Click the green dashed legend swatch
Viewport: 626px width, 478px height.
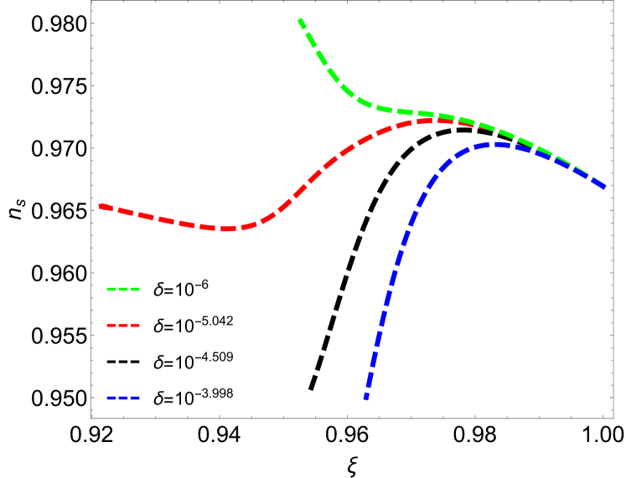[x=123, y=289]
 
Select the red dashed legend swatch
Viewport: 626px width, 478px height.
[x=123, y=325]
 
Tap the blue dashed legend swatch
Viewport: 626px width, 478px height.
[x=123, y=398]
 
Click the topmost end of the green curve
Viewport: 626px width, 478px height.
[x=300, y=19]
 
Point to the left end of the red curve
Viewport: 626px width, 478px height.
[x=100, y=205]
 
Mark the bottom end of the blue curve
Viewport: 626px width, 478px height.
[x=366, y=398]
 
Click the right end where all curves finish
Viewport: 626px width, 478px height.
[x=605, y=187]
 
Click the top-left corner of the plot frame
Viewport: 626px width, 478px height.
[x=91, y=2]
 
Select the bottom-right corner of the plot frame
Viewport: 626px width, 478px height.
[x=613, y=417]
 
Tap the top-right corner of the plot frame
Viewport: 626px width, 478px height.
[x=613, y=2]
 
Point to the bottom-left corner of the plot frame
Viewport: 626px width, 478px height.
[x=91, y=417]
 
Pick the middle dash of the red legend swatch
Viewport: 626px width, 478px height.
[x=123, y=325]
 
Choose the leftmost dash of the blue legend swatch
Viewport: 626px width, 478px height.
[x=111, y=398]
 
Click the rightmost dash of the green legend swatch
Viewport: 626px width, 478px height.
[x=135, y=289]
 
